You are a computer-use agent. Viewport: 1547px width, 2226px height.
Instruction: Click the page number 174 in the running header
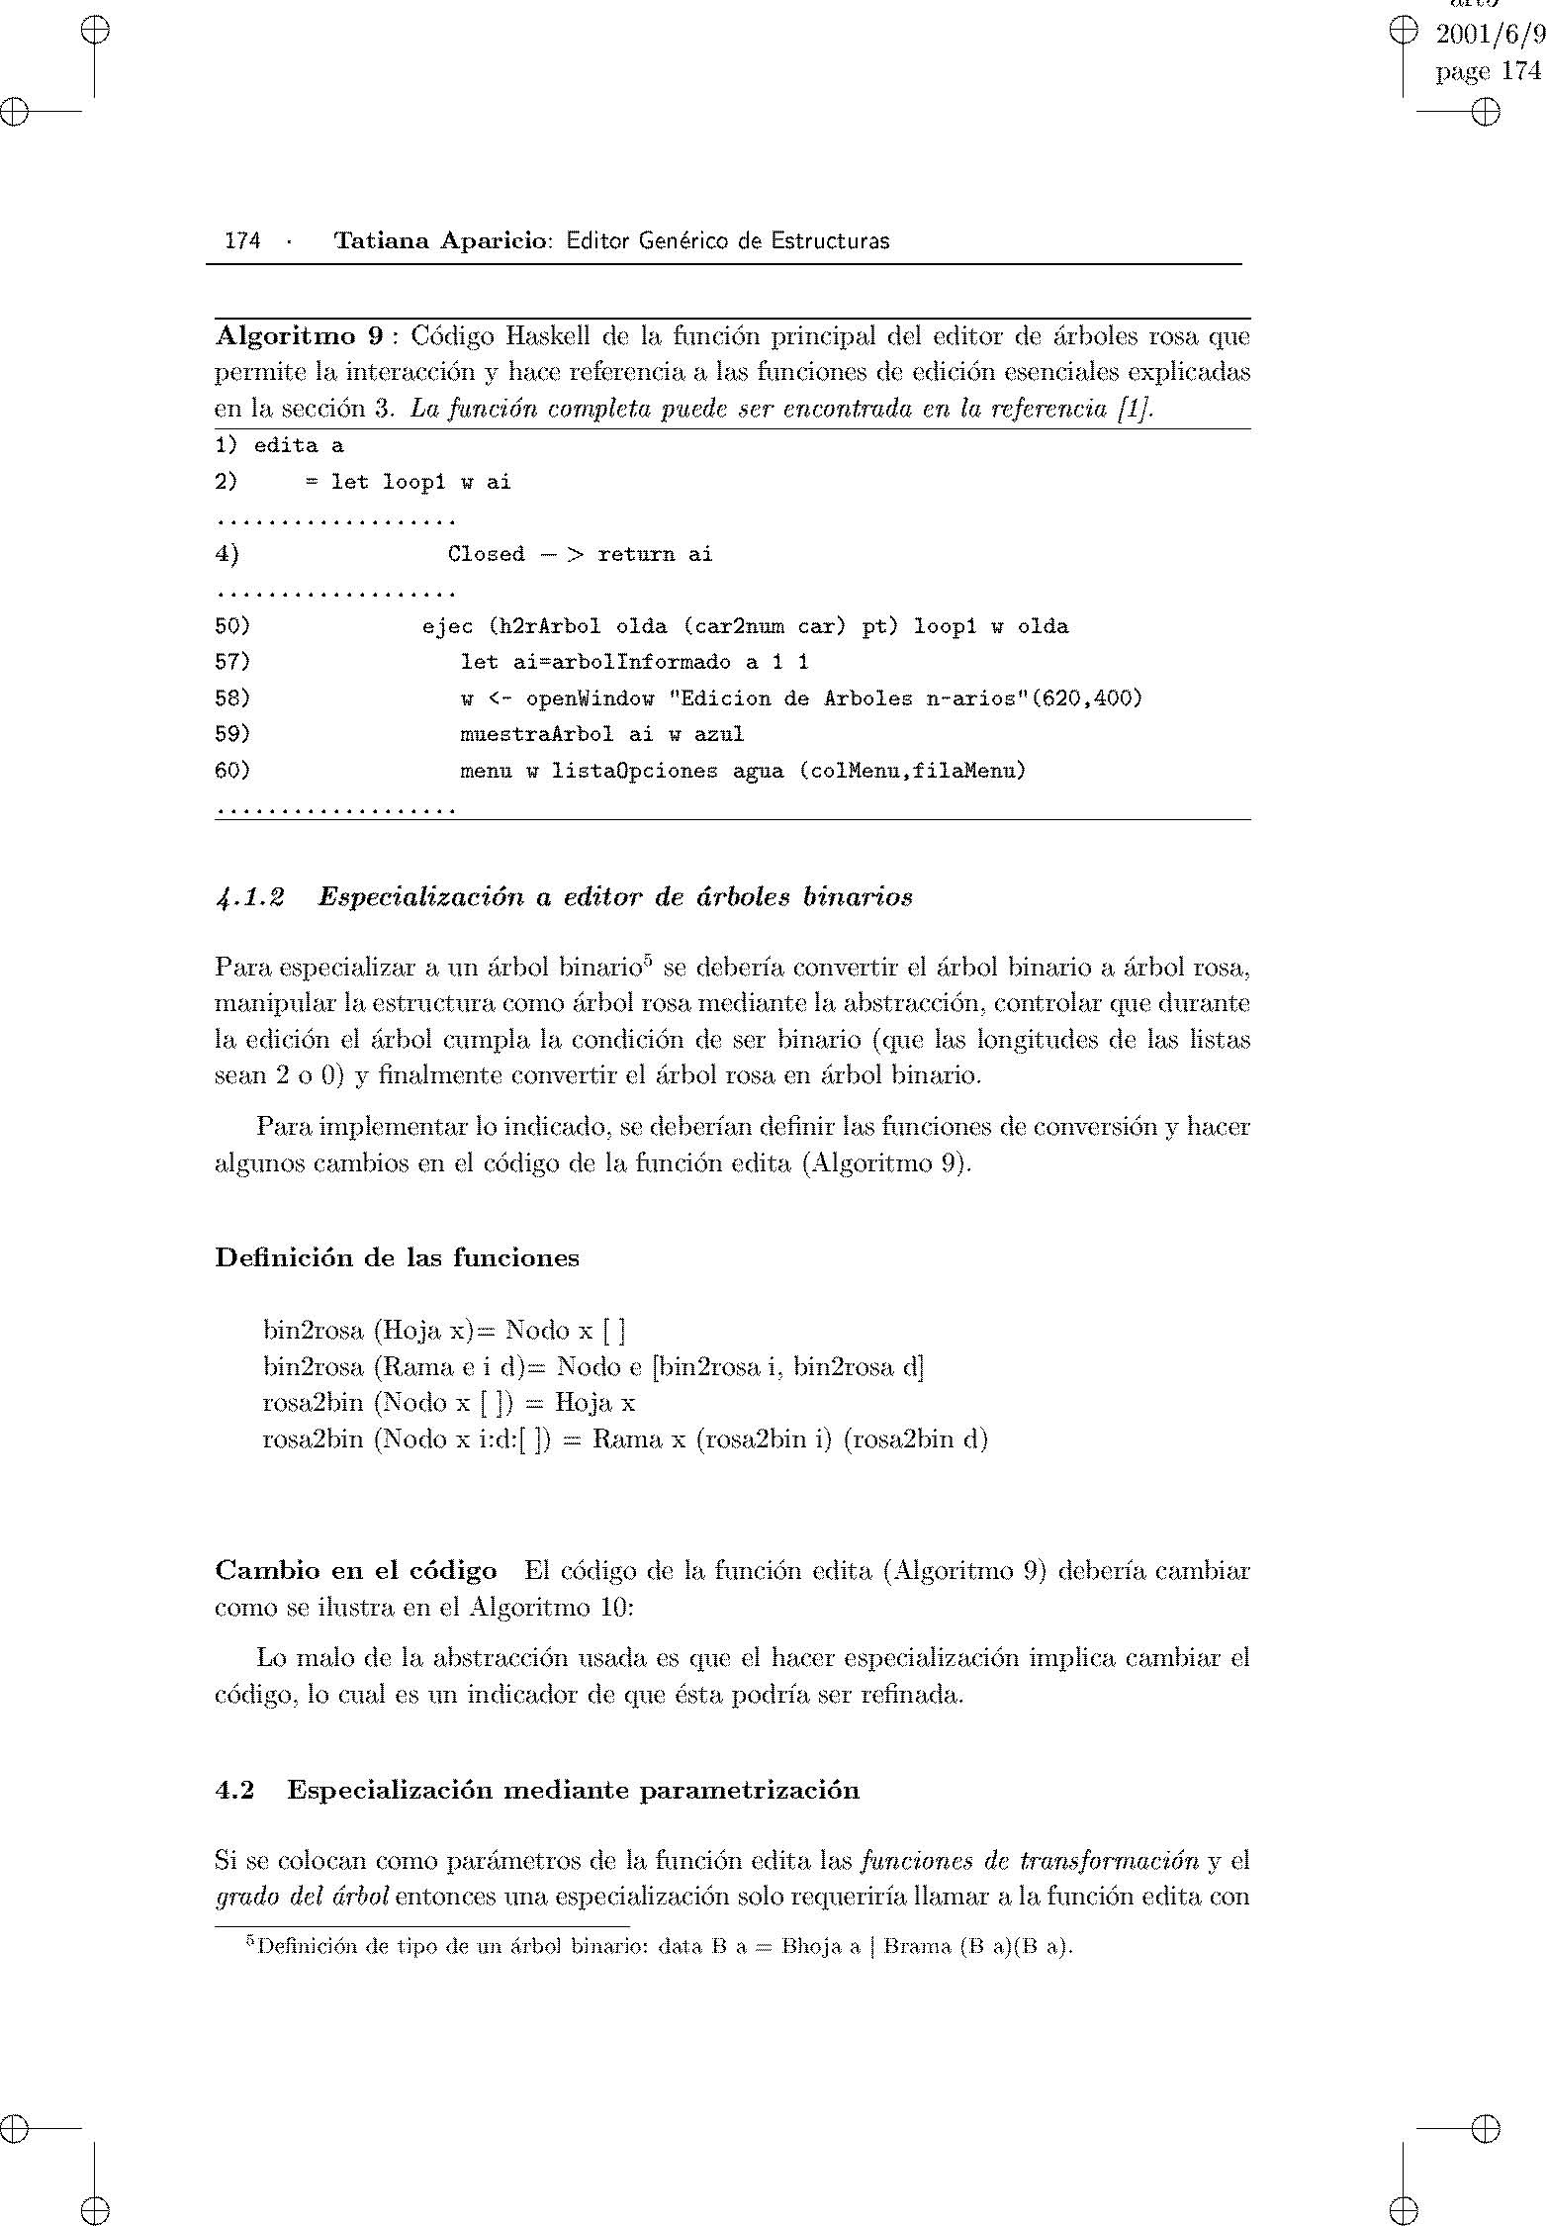(x=242, y=240)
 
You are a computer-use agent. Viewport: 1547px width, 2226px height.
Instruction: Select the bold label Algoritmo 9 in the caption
(x=299, y=336)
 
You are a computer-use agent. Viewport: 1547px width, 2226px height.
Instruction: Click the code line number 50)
(x=232, y=626)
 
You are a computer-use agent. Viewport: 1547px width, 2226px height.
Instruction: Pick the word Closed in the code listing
(x=486, y=554)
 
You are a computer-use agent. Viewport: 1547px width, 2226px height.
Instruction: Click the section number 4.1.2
(x=250, y=897)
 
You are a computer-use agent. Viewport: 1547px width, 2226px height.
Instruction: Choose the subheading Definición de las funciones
(x=397, y=1257)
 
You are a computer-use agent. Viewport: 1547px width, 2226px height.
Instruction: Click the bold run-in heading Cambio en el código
(x=356, y=1570)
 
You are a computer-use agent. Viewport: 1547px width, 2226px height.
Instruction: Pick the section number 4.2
(x=234, y=1790)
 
